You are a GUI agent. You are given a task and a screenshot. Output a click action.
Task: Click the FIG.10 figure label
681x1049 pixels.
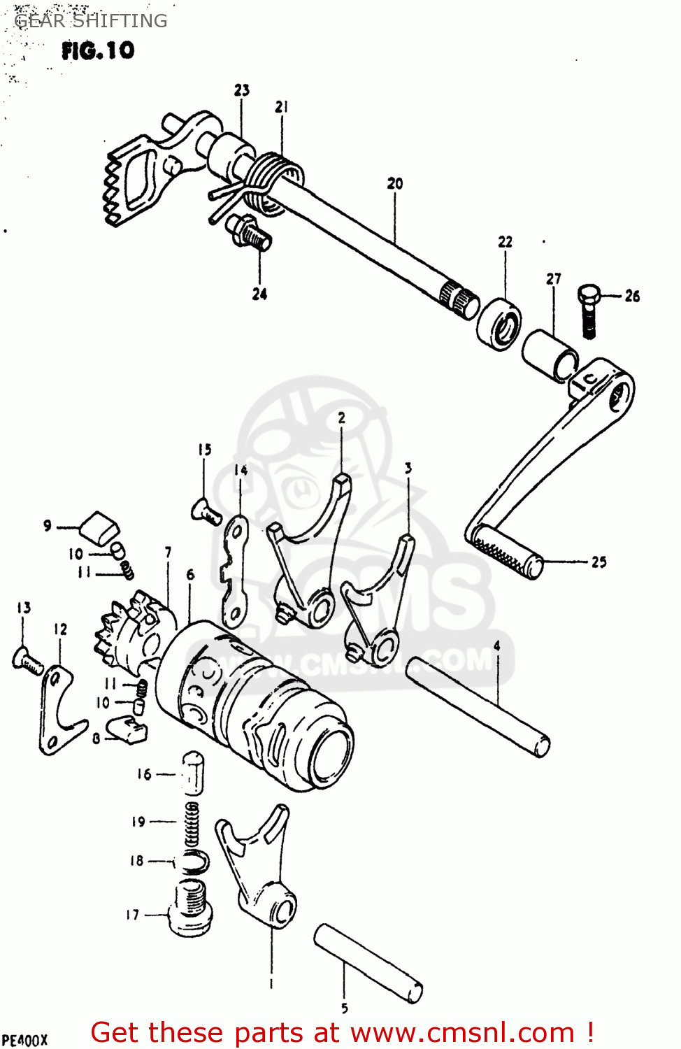coord(97,50)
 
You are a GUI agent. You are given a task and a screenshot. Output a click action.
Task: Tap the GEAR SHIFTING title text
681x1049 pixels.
coord(91,21)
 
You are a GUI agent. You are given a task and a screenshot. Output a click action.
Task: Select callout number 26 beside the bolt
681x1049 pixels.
coord(632,296)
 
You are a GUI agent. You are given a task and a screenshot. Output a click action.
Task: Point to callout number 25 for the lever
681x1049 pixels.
coord(598,562)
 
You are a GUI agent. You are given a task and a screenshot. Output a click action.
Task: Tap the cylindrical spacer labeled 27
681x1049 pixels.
coord(550,355)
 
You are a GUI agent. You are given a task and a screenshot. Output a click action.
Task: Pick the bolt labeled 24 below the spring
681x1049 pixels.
coord(249,231)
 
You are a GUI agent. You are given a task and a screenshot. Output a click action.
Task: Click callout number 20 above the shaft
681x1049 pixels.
coord(395,183)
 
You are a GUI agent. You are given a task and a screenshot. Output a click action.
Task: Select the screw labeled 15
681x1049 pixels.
coord(206,511)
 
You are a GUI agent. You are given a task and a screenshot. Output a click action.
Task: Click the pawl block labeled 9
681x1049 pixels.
coord(99,527)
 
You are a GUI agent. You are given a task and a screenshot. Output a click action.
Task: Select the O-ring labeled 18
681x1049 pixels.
coord(194,862)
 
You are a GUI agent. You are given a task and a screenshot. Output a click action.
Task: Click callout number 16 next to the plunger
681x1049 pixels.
coord(143,774)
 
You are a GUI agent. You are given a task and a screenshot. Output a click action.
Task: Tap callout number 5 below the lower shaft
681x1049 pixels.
coord(344,1008)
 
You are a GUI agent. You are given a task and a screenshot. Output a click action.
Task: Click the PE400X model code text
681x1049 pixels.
coord(24,1039)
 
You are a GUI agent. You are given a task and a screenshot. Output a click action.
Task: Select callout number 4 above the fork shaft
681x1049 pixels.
coord(497,645)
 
